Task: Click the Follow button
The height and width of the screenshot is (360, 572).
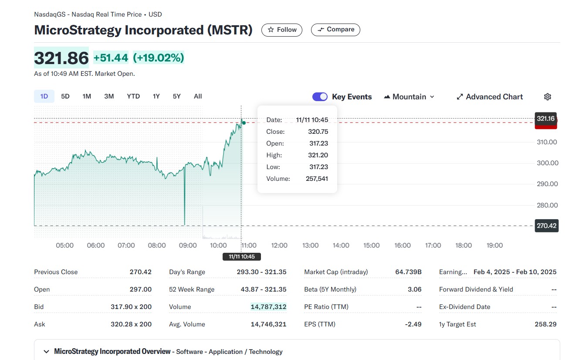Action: (281, 30)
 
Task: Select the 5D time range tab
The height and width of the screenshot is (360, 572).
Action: (65, 96)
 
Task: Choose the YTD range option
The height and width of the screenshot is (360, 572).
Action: (133, 96)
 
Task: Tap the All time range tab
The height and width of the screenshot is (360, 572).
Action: (198, 96)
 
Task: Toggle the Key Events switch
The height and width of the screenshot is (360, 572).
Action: (320, 97)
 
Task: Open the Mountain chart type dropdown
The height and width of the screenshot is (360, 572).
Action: (409, 97)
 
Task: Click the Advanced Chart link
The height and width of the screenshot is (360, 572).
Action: (489, 97)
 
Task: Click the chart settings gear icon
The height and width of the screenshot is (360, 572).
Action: (548, 97)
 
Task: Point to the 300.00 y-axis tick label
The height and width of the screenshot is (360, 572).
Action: (547, 163)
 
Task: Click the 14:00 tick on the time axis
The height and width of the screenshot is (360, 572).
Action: (341, 245)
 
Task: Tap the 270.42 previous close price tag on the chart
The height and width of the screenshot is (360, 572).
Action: (546, 226)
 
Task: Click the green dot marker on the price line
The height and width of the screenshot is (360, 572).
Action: (244, 123)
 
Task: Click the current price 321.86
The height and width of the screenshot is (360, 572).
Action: (61, 58)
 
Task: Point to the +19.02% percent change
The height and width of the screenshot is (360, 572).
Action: (159, 58)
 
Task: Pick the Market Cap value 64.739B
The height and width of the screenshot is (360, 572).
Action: (408, 272)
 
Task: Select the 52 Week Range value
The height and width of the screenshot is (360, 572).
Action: (261, 289)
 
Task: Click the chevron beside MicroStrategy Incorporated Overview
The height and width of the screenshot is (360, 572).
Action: (46, 352)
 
